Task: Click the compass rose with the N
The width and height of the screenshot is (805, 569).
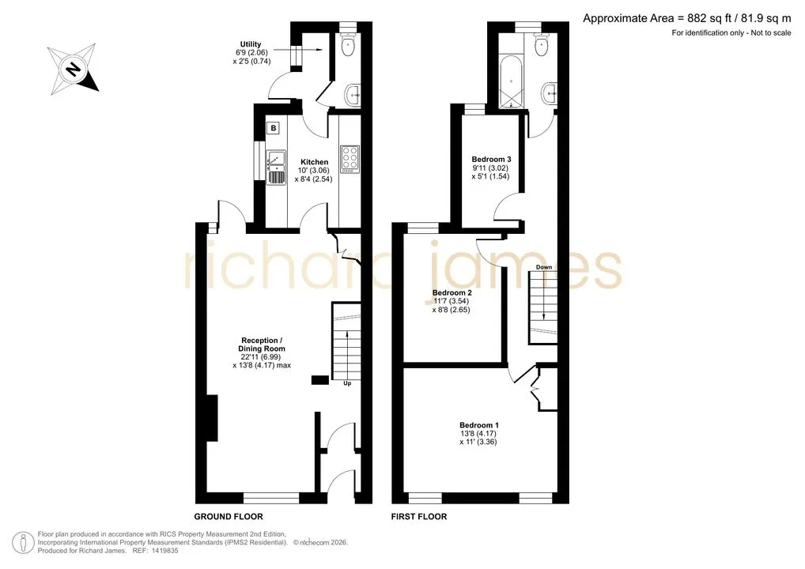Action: point(73,69)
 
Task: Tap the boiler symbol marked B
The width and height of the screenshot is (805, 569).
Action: point(274,128)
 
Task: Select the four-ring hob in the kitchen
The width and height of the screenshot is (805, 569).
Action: point(350,159)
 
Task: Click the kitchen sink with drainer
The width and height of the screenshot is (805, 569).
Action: point(276,168)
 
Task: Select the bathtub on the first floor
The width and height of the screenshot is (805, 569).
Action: point(512,83)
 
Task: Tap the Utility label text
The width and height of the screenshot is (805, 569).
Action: point(251,44)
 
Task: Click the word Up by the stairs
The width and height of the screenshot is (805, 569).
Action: point(347,383)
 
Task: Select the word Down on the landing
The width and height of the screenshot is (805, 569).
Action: point(544,267)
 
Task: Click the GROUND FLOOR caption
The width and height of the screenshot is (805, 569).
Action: point(229,517)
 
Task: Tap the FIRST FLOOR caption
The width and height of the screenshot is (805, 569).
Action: point(419,517)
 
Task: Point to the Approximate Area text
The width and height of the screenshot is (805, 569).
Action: point(687,19)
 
